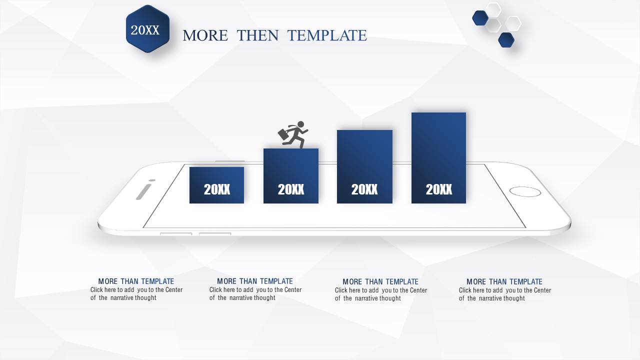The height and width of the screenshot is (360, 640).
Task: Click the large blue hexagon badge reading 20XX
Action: pos(147,29)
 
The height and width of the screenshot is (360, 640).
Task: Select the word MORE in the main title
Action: pos(205,35)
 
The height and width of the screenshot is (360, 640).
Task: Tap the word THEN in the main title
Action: pos(257,35)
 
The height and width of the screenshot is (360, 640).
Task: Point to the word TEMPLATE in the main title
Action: pos(327,35)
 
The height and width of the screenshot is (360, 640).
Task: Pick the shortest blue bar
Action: pos(216,185)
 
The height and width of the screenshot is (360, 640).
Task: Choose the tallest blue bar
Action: pos(438,158)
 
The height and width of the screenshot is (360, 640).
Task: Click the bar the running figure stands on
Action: pos(291,176)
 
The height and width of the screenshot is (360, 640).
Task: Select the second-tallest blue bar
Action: pos(364,167)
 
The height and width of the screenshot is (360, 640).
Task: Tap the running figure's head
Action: pos(300,124)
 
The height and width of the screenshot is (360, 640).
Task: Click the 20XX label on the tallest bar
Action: pos(439,189)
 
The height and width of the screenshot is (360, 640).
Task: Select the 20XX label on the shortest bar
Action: pos(217,189)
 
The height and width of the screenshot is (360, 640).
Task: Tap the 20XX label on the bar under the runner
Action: pos(291,189)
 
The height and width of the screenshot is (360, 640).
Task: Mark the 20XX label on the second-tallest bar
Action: pos(364,189)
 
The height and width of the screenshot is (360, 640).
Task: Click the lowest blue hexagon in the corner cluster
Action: pos(506,39)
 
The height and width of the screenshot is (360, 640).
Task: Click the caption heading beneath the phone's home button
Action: pos(504,281)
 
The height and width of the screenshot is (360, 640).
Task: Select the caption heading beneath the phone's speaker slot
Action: pos(136,281)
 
